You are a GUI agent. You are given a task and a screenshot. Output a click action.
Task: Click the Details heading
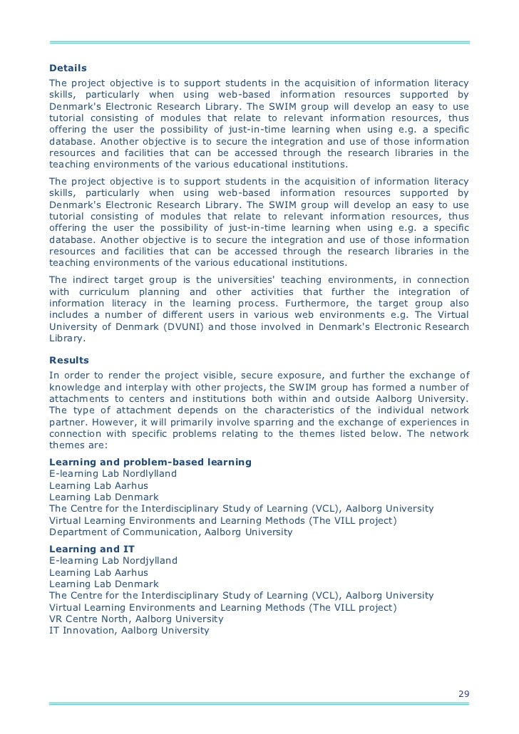click(68, 68)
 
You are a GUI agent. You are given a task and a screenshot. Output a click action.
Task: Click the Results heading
click(68, 361)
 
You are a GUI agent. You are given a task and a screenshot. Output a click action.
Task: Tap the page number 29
click(463, 695)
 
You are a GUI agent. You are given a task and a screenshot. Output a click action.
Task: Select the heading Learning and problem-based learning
click(150, 462)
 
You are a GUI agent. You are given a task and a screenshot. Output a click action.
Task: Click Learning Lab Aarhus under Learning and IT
click(98, 572)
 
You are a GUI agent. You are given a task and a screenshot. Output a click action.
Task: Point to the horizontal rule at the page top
click(259, 43)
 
